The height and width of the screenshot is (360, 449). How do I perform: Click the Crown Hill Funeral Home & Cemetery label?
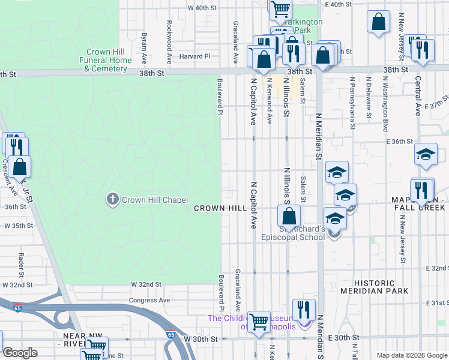pyautogui.click(x=106, y=61)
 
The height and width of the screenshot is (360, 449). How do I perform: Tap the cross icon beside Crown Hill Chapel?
pyautogui.click(x=112, y=200)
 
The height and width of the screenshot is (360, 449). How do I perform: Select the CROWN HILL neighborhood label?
pyautogui.click(x=220, y=208)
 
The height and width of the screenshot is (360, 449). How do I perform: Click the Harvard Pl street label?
pyautogui.click(x=199, y=56)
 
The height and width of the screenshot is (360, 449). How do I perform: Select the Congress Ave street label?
pyautogui.click(x=149, y=300)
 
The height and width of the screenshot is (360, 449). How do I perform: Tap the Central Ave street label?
pyautogui.click(x=418, y=94)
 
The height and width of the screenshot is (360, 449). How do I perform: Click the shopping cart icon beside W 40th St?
pyautogui.click(x=280, y=9)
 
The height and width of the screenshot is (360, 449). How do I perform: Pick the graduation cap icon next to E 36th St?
pyautogui.click(x=426, y=155)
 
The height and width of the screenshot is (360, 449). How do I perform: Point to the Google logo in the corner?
pyautogui.click(x=20, y=353)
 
